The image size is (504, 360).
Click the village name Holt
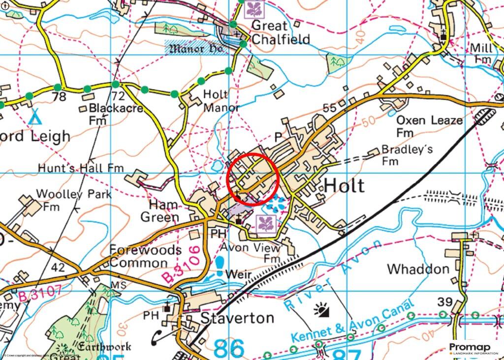click(x=345, y=186)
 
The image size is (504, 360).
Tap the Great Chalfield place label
click(x=281, y=32)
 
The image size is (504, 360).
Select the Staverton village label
click(x=237, y=318)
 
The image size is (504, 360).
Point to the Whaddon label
click(x=418, y=269)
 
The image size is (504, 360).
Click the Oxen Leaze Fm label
click(x=429, y=126)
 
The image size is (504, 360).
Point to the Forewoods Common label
click(x=145, y=256)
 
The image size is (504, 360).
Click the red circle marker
click(x=253, y=179)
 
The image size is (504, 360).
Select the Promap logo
click(x=473, y=348)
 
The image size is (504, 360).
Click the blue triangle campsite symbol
click(x=34, y=118)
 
